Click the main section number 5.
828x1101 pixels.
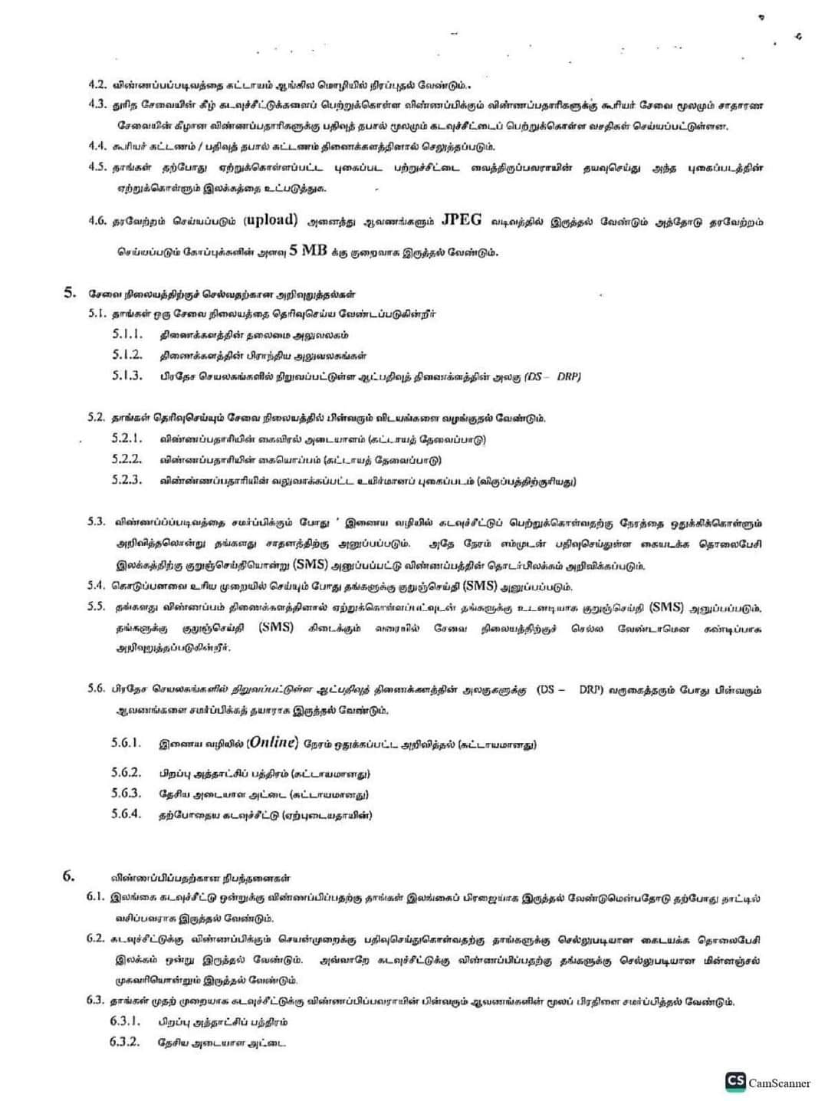(69, 293)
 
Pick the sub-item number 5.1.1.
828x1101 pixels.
(127, 334)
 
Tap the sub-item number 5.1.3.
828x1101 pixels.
(127, 376)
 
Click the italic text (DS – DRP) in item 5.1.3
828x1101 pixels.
(553, 376)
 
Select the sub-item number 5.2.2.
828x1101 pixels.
(127, 459)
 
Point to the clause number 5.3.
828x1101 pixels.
(97, 522)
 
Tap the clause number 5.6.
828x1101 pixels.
(97, 689)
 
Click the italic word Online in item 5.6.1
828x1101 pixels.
(273, 743)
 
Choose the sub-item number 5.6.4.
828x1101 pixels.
(127, 814)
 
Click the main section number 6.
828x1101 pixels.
(69, 876)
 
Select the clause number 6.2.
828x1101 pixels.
(96, 938)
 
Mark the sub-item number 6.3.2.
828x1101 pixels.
(125, 1042)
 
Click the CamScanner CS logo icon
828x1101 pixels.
(735, 1082)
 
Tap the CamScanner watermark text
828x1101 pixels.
(779, 1083)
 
